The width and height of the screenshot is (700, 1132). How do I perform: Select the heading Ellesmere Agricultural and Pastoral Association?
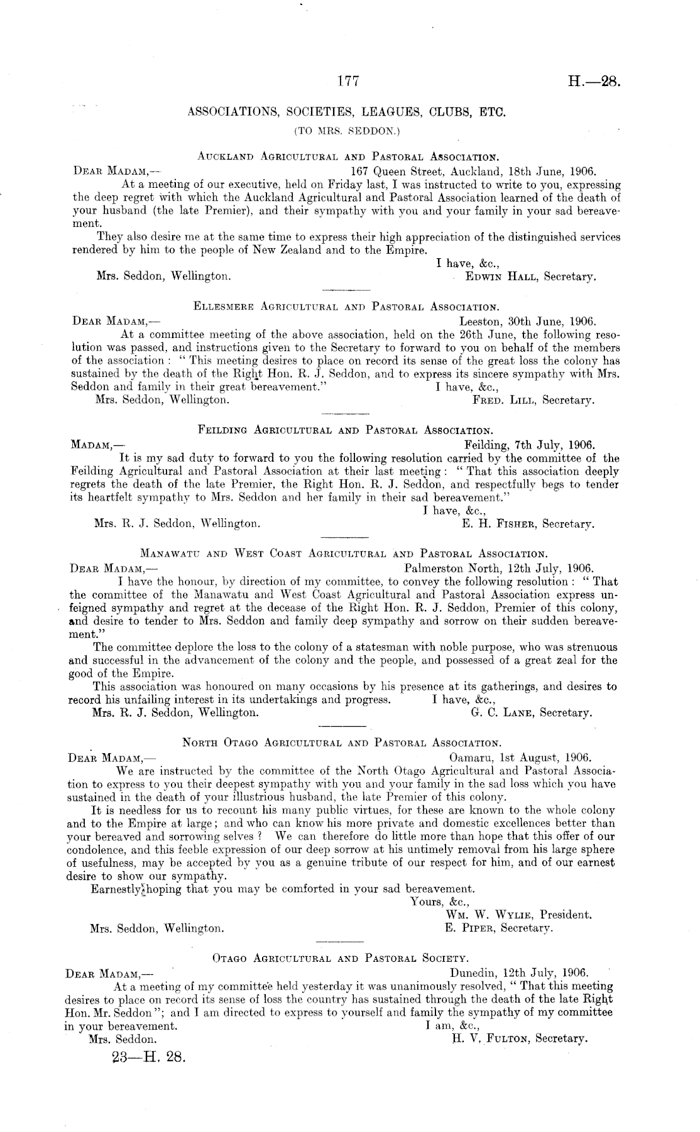347,307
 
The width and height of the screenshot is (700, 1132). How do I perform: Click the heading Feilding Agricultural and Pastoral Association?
345,431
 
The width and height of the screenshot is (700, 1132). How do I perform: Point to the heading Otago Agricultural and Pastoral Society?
341,959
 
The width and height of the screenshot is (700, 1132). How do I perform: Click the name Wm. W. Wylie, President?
518,915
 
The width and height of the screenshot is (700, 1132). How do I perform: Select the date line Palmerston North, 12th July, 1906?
513,568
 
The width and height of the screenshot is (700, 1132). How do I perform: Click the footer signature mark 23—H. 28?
149,1057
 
